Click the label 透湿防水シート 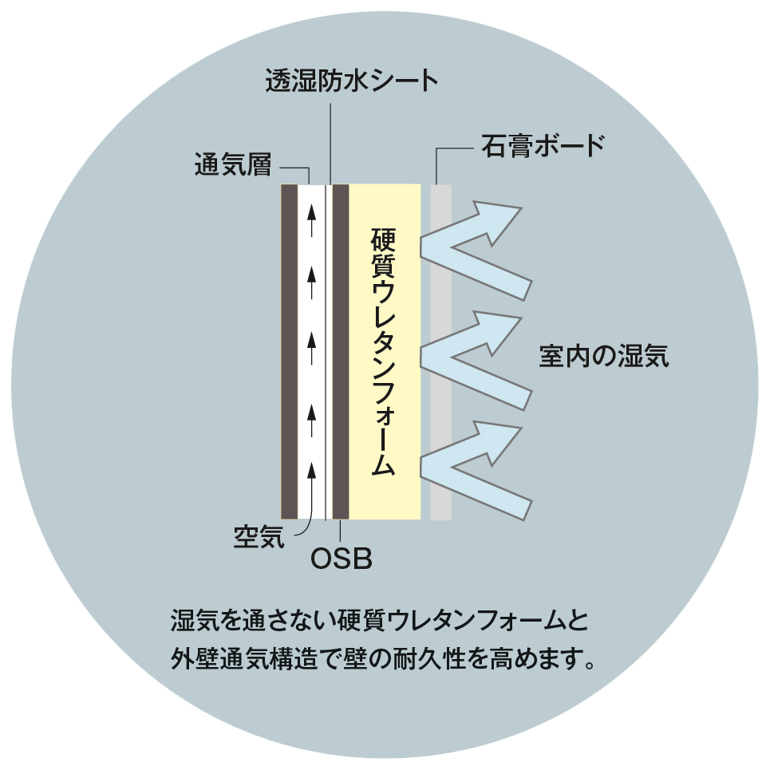pyautogui.click(x=352, y=81)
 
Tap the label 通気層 pyautogui.click(x=233, y=164)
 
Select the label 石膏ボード pyautogui.click(x=543, y=145)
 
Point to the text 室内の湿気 pyautogui.click(x=604, y=356)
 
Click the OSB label pyautogui.click(x=342, y=559)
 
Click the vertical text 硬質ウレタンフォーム pyautogui.click(x=383, y=351)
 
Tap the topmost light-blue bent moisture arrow pyautogui.click(x=476, y=250)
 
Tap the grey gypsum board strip pyautogui.click(x=441, y=352)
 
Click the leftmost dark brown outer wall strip pyautogui.click(x=289, y=352)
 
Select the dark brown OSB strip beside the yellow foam pyautogui.click(x=341, y=352)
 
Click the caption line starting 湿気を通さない pyautogui.click(x=380, y=620)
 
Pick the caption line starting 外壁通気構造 pyautogui.click(x=383, y=658)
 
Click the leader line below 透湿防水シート pyautogui.click(x=330, y=144)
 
